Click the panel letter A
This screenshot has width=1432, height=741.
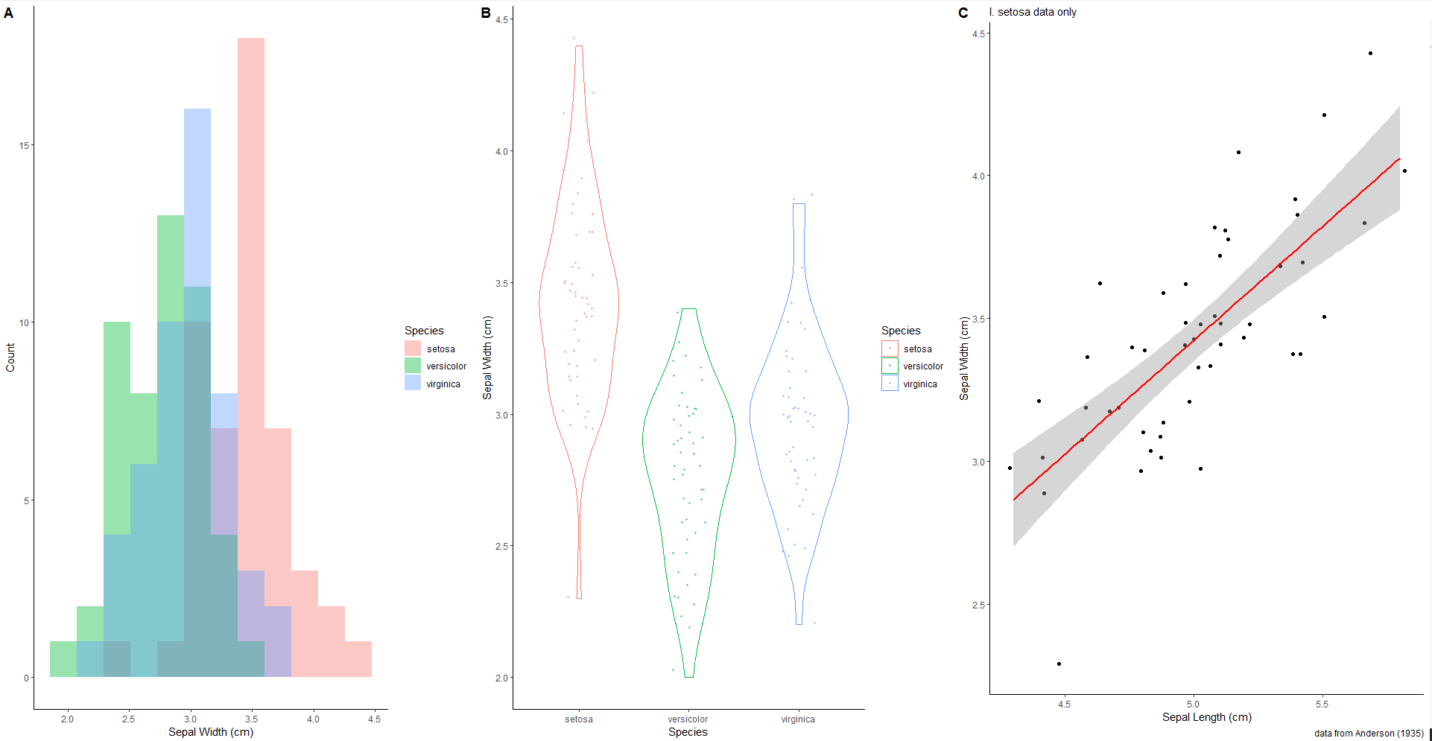coord(8,13)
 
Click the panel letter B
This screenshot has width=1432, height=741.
coord(486,13)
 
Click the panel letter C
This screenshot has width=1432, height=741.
coord(963,13)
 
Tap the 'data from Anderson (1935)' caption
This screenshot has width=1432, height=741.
coord(1369,734)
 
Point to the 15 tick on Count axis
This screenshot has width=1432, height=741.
coord(25,145)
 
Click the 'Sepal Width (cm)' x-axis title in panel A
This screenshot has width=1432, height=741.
coord(211,732)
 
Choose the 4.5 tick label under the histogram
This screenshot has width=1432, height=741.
coord(374,719)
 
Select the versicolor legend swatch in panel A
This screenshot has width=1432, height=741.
coord(413,366)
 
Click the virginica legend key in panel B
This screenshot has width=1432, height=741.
coord(890,384)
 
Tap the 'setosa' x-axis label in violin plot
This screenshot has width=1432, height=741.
coord(579,719)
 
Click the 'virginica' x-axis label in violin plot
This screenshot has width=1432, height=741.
coord(798,719)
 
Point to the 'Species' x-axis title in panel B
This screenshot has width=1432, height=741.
coord(688,732)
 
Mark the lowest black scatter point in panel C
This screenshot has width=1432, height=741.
coord(1059,664)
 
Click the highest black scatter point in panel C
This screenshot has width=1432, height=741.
coord(1370,54)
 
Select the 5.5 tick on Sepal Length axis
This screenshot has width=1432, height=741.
coord(1322,705)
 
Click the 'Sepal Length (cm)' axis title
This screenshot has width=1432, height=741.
coord(1207,717)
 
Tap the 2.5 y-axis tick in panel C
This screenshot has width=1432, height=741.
coord(978,605)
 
